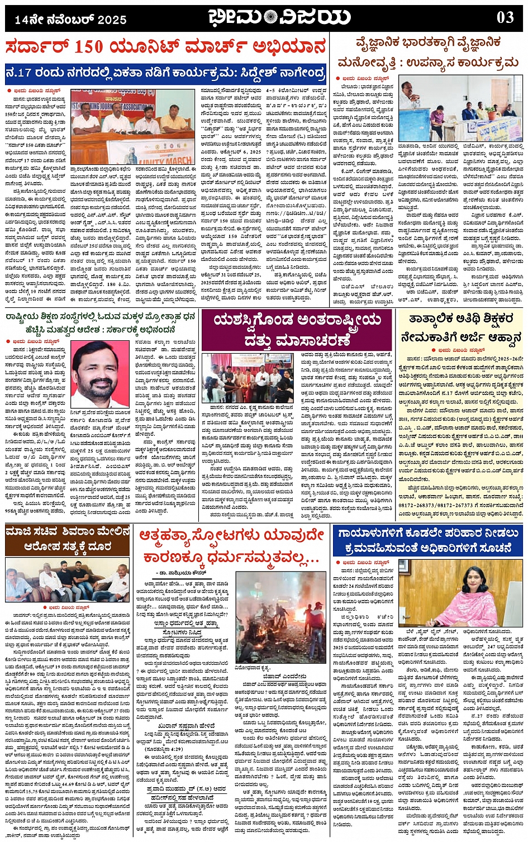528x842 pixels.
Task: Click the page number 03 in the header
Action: tap(505, 17)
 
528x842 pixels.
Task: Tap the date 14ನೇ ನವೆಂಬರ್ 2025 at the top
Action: tap(71, 20)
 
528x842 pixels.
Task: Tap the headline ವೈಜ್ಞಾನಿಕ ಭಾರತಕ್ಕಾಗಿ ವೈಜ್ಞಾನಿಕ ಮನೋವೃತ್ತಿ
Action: tap(427, 53)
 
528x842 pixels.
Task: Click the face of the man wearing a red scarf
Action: tap(98, 368)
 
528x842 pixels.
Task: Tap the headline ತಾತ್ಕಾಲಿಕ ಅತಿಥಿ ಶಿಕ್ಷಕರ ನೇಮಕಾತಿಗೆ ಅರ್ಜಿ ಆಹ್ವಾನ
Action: tap(461, 328)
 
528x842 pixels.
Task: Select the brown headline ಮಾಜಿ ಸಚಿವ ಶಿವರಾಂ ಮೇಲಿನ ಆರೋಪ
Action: tap(68, 539)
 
